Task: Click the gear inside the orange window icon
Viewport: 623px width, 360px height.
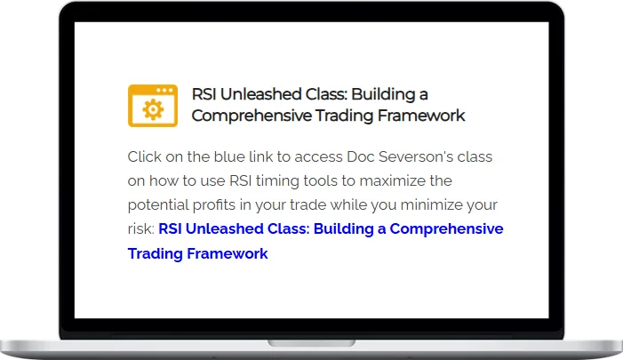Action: tap(153, 109)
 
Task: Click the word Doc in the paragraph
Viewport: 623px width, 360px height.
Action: tap(345, 157)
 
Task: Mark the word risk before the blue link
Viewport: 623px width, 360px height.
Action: tap(140, 229)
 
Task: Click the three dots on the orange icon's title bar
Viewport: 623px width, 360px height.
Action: tap(165, 90)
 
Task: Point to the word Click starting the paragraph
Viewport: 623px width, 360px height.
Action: tap(145, 157)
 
